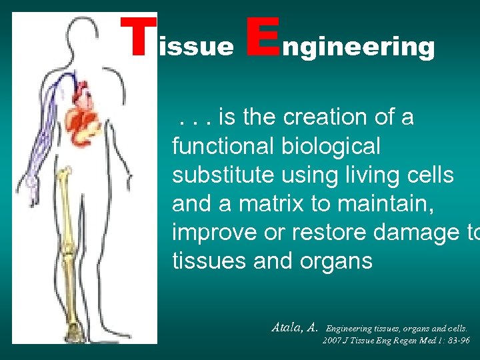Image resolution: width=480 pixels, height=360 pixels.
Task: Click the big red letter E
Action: coord(261,37)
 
